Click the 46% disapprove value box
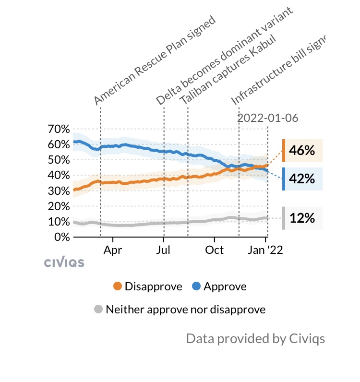pos(302,151)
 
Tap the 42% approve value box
pos(302,179)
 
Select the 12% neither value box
pos(302,218)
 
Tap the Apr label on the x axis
pos(113,250)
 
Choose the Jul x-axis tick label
pos(164,250)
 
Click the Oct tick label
pos(215,250)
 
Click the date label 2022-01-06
pos(268,118)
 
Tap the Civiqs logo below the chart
pos(64,263)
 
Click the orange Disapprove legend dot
pos(118,286)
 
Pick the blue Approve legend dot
pos(196,286)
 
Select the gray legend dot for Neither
pos(98,310)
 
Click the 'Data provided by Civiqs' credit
pos(255,338)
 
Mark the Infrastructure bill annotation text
pos(278,70)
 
